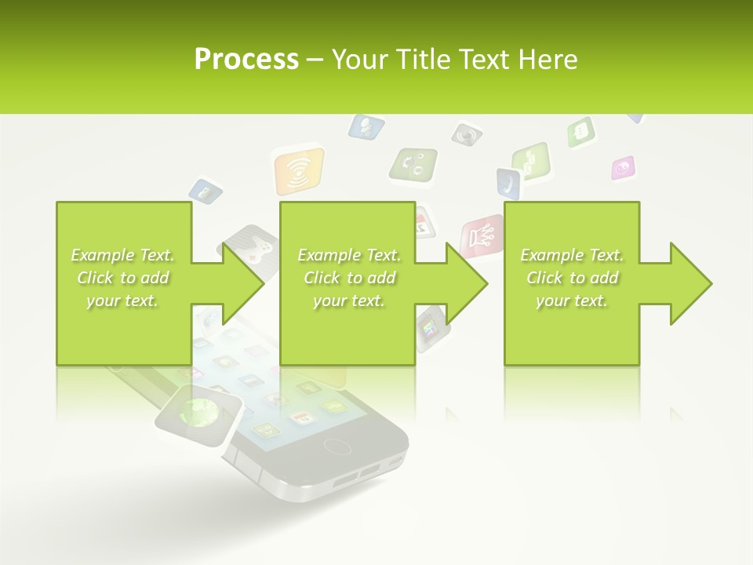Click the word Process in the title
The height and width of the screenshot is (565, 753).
(x=246, y=60)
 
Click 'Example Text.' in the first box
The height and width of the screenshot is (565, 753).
(x=122, y=255)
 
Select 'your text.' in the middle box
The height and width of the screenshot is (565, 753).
(x=348, y=301)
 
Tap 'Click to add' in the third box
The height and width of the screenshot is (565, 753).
(x=572, y=278)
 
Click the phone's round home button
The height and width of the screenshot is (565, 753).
(x=338, y=447)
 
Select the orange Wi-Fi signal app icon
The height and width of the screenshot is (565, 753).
(x=298, y=171)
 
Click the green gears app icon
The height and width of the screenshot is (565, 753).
(x=413, y=164)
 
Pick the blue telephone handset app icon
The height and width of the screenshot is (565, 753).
(x=507, y=184)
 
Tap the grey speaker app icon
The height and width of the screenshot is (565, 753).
(x=467, y=134)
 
